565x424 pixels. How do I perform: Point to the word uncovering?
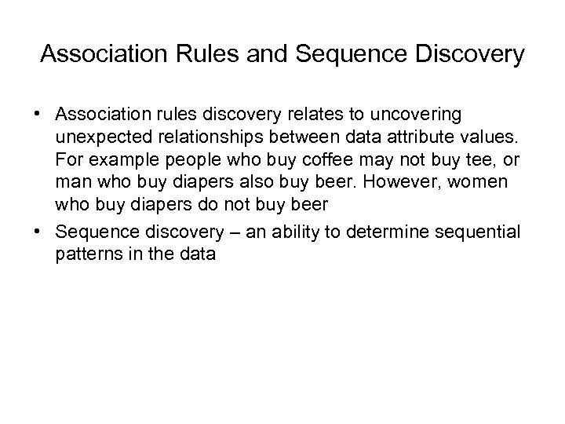424,115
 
